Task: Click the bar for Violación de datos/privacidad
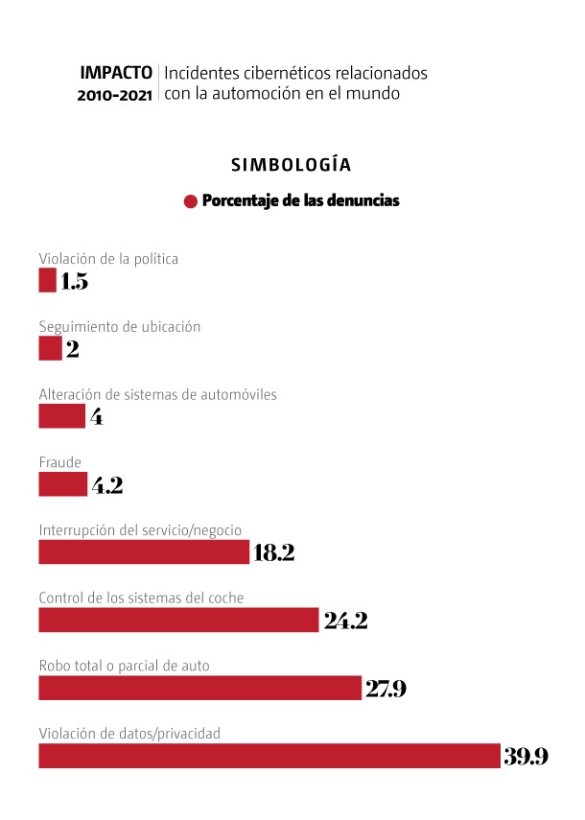tap(269, 756)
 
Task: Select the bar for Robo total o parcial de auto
tap(199, 688)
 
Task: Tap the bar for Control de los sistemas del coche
tap(178, 620)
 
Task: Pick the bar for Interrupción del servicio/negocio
tap(144, 552)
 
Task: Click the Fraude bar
tap(62, 484)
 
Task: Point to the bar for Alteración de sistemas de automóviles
tap(61, 416)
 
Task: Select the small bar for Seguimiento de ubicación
tap(50, 348)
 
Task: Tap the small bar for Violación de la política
tap(47, 280)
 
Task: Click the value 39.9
tap(526, 756)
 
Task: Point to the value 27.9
tap(386, 688)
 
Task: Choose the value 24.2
tap(345, 620)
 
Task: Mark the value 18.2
tap(273, 552)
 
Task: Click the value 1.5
tap(74, 281)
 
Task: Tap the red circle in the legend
tap(191, 201)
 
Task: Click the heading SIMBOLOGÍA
tap(292, 165)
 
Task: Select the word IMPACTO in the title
tap(116, 72)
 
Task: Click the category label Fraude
tap(59, 462)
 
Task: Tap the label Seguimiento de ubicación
tap(120, 326)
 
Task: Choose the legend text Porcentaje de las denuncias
tap(300, 201)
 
